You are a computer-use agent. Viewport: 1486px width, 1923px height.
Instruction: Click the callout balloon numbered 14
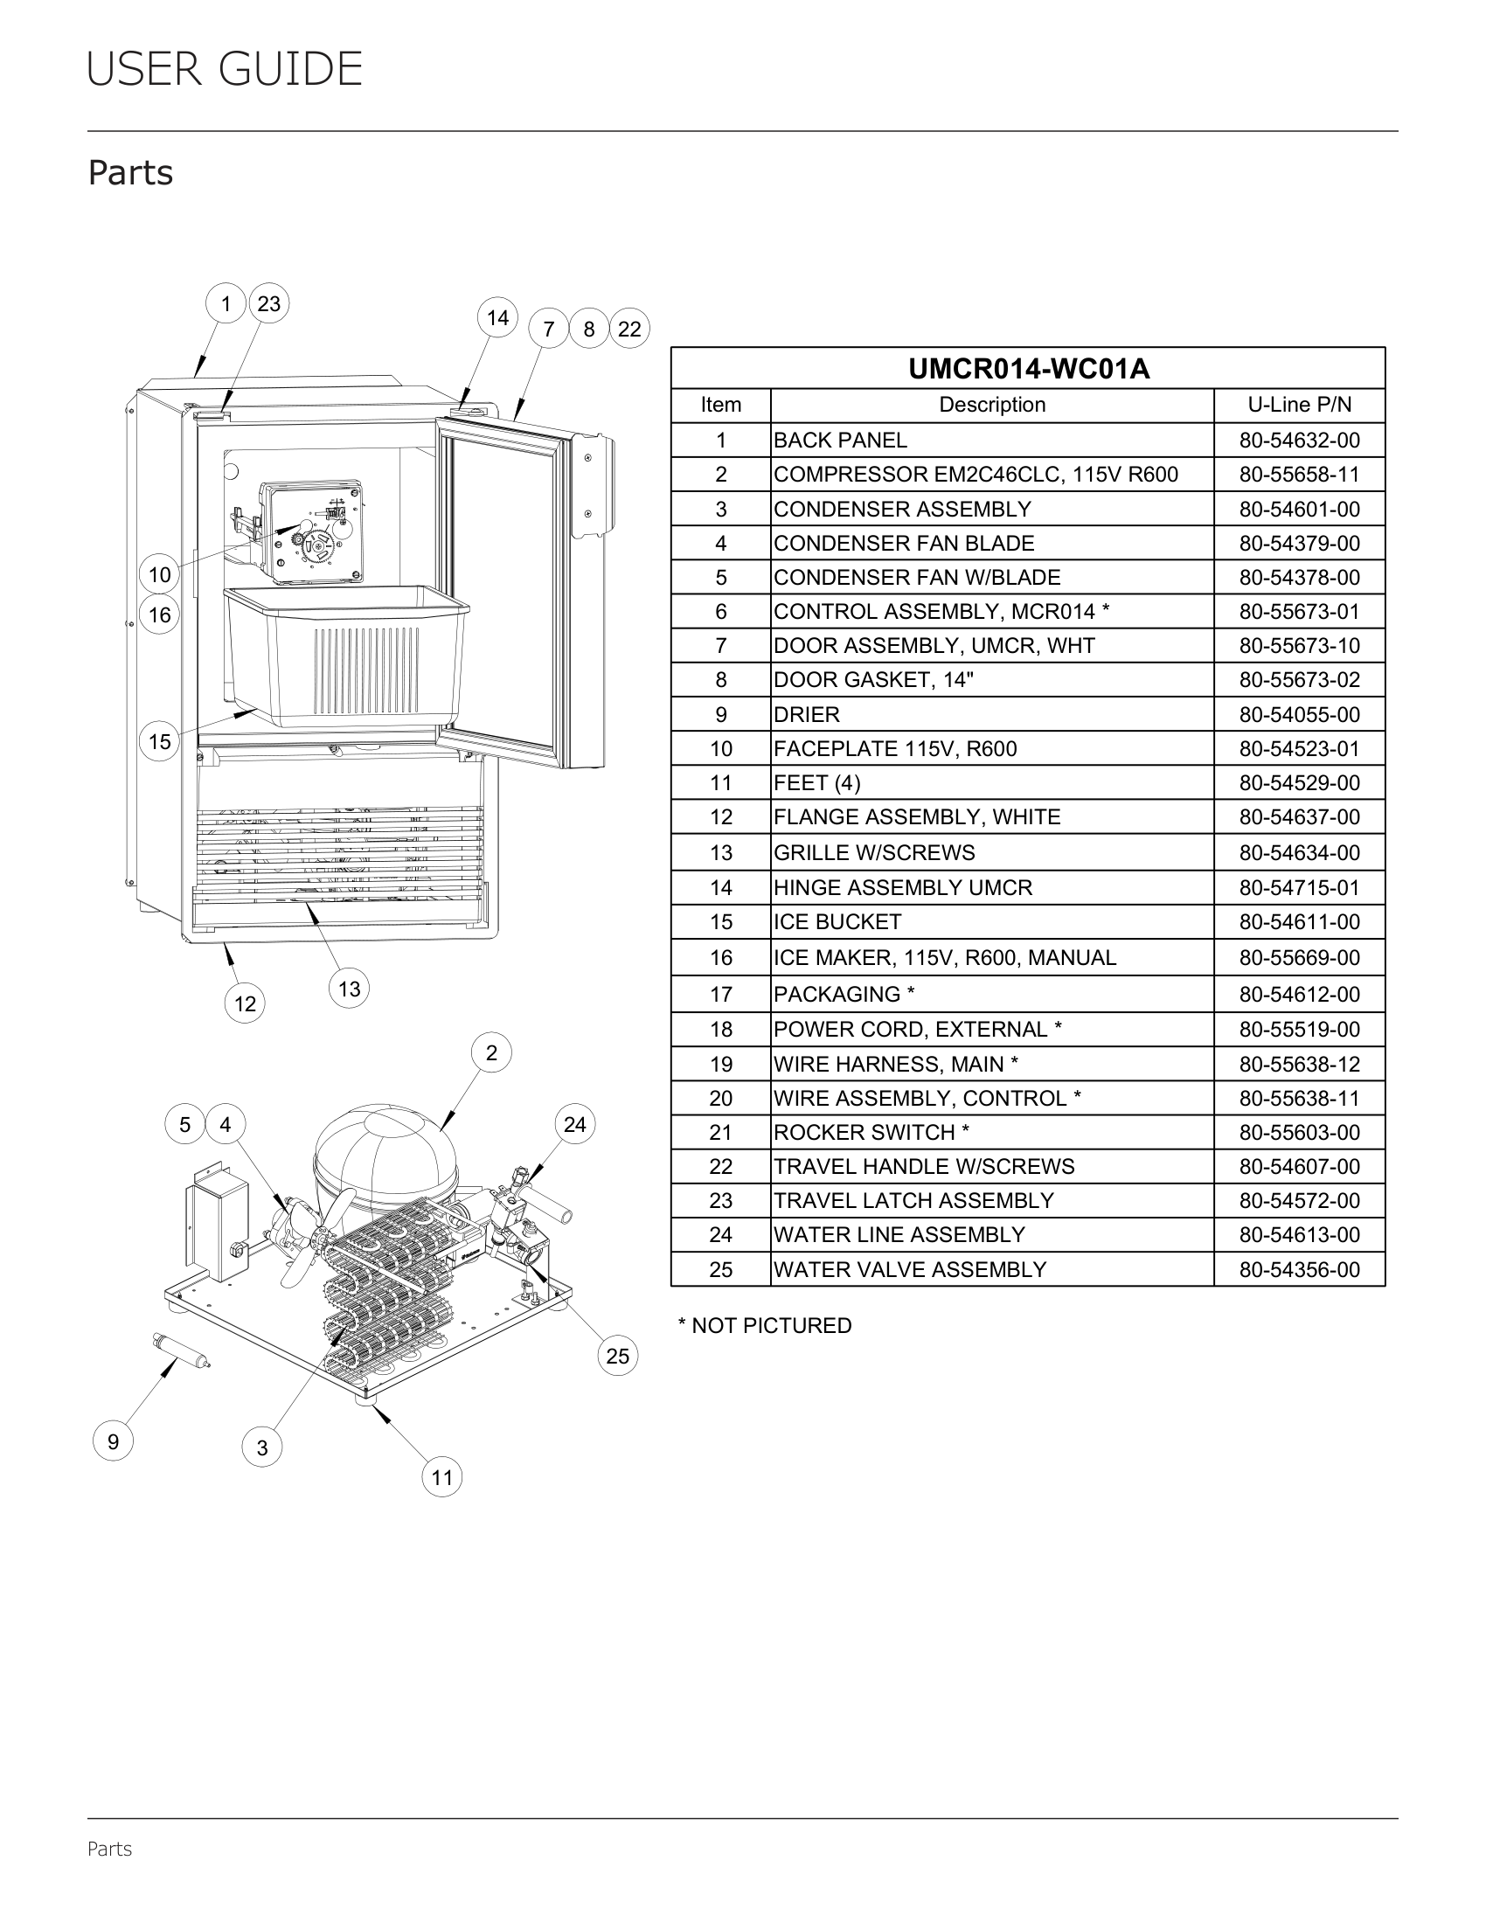click(x=497, y=318)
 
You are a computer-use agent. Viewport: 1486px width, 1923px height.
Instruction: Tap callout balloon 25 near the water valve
click(x=618, y=1355)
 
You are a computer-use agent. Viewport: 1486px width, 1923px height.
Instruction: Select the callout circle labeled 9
click(x=114, y=1441)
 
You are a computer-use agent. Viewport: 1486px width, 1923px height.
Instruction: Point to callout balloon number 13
click(x=350, y=989)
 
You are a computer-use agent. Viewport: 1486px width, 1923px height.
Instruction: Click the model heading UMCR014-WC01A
click(x=1028, y=369)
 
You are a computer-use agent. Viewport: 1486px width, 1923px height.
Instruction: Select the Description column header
click(x=992, y=405)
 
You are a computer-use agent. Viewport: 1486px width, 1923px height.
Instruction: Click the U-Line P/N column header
click(x=1299, y=405)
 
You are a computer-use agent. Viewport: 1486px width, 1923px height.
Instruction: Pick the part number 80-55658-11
click(x=1299, y=475)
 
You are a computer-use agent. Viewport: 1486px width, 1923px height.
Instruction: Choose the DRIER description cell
click(x=807, y=714)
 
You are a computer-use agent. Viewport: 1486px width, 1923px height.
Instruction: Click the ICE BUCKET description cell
click(x=837, y=922)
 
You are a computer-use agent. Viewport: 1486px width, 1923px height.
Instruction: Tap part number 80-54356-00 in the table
click(x=1299, y=1270)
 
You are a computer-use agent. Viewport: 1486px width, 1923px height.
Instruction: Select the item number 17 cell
click(x=721, y=994)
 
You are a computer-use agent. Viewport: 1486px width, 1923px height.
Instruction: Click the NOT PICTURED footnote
click(x=764, y=1326)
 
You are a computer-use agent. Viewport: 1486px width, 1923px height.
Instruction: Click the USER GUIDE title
click(x=225, y=70)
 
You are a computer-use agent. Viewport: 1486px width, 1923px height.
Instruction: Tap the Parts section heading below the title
click(x=130, y=173)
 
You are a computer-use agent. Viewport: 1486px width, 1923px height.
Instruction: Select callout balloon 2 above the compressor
click(x=491, y=1053)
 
